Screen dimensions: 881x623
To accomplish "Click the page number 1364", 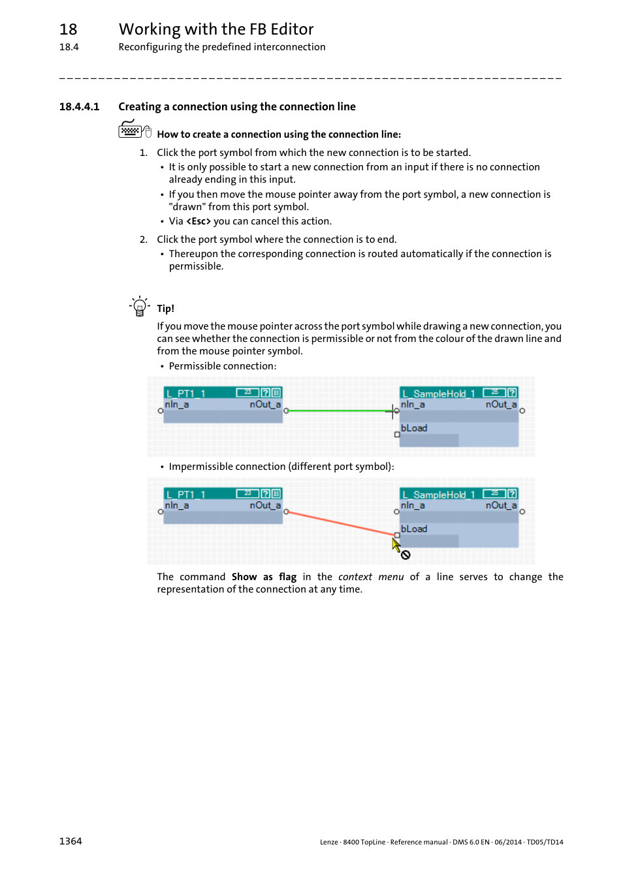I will pos(71,841).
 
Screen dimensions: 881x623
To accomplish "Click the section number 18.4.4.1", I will pos(79,107).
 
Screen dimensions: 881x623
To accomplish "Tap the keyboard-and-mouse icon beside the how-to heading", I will pos(135,130).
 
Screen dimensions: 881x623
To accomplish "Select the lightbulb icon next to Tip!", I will pos(139,306).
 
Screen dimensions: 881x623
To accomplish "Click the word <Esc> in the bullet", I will pos(199,221).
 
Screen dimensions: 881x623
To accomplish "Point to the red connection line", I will pos(340,523).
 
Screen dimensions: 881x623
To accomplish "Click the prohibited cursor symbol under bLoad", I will pos(406,555).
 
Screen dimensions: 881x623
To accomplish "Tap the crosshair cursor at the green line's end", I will pos(392,411).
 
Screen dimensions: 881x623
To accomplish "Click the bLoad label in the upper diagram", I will pos(414,428).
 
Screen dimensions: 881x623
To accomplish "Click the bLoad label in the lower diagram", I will pos(414,529).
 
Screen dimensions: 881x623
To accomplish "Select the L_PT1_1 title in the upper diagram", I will pos(186,394).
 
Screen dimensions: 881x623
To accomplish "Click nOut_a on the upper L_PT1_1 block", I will pos(264,405).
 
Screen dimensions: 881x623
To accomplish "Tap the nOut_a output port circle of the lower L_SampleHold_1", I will pos(522,512).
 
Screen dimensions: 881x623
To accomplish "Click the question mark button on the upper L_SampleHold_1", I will pos(512,393).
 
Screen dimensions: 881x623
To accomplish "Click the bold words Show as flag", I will pos(264,577).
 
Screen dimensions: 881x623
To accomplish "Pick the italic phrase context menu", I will pos(371,577).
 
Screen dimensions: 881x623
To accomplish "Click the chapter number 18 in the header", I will pos(69,29).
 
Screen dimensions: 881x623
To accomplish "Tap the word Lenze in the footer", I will pos(328,842).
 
